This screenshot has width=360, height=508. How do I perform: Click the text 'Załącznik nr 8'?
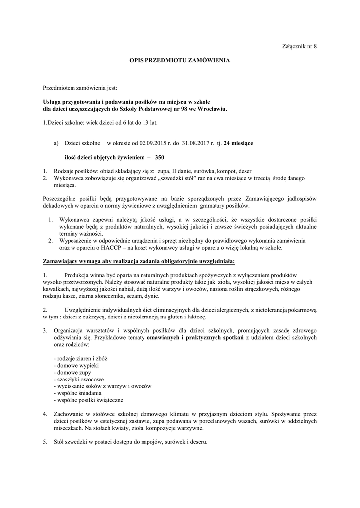click(x=299, y=46)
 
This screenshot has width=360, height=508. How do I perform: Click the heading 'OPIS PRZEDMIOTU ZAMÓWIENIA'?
click(x=180, y=60)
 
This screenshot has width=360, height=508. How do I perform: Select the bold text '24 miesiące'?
click(x=238, y=143)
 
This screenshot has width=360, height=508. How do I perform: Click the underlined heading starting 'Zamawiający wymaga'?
click(x=139, y=260)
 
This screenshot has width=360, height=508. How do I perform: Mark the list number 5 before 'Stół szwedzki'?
click(x=45, y=442)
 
